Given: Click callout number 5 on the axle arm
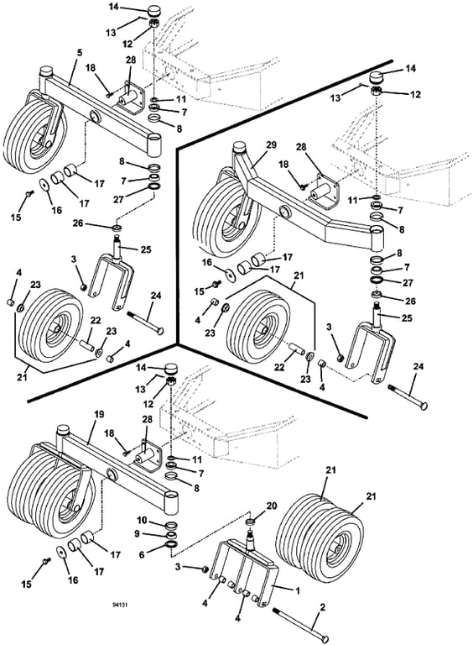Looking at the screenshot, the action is tap(79, 53).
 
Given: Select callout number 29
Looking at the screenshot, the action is tap(272, 144).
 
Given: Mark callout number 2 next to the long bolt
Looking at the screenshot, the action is tap(322, 607).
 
